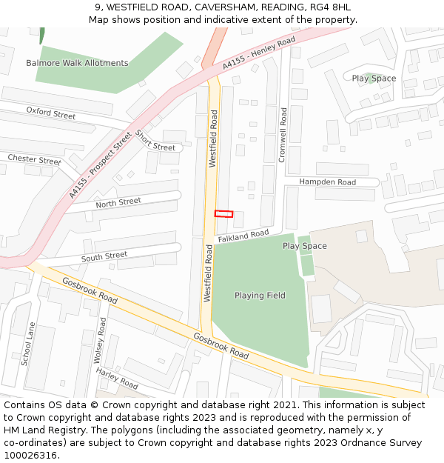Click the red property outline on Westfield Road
coord(223,213)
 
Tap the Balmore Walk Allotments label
coord(77,63)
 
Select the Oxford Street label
coord(51,113)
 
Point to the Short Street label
coord(155,141)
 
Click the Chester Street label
coord(34,159)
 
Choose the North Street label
coord(118,202)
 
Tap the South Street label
coord(104,257)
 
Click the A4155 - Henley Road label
coord(259,54)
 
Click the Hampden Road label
coord(327,182)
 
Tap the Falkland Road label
coord(243,235)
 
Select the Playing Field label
coord(260,296)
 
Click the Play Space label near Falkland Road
coord(304,246)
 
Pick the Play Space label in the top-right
coord(374,79)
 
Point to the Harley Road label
coord(117,379)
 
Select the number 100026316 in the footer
coord(30,456)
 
